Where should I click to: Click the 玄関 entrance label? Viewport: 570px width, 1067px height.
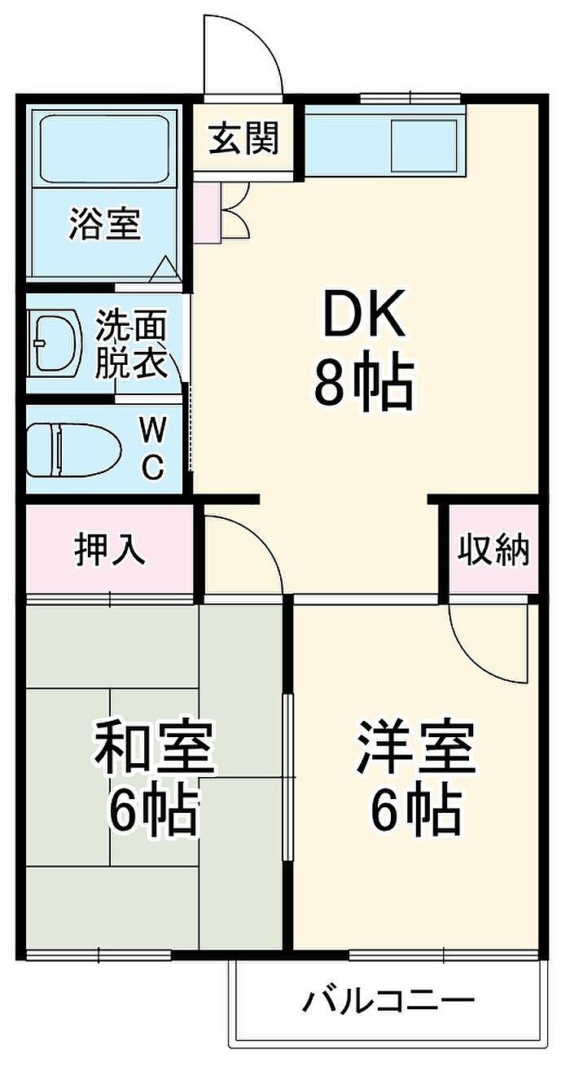(x=243, y=138)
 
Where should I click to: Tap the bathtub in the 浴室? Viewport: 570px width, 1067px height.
(x=105, y=148)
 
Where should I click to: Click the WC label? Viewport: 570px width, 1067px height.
(x=153, y=448)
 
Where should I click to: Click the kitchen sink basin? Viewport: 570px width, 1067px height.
(x=423, y=146)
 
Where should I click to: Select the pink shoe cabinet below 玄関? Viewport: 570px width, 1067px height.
(x=207, y=213)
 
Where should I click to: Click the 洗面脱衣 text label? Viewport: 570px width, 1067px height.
(x=131, y=345)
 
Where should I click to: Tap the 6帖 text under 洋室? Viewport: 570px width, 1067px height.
(x=416, y=824)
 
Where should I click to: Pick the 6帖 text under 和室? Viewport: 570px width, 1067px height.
(x=153, y=824)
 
